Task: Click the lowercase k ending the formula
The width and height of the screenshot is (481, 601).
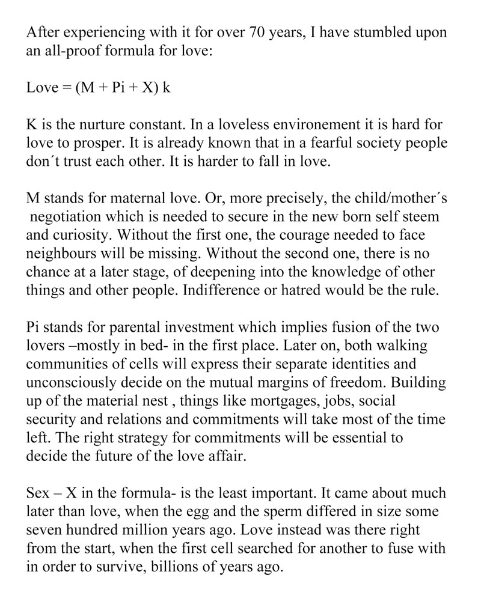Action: (167, 88)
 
